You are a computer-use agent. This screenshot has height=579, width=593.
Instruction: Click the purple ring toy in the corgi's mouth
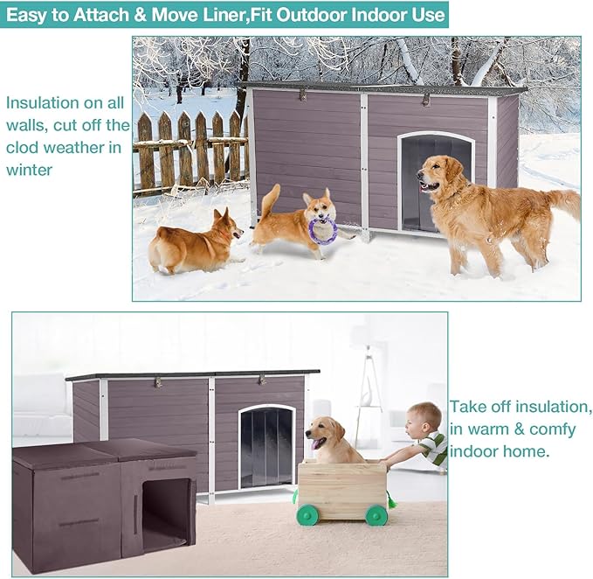tap(322, 230)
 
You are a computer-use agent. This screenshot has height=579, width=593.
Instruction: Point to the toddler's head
tap(422, 420)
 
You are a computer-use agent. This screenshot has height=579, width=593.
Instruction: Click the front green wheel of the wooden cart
tap(307, 514)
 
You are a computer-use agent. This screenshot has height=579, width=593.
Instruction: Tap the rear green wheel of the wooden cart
tap(376, 514)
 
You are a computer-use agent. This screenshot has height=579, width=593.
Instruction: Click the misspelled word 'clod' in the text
tap(23, 147)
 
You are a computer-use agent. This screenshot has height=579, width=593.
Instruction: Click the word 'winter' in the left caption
tap(29, 170)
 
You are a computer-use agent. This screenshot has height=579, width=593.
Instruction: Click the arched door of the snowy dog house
tap(436, 182)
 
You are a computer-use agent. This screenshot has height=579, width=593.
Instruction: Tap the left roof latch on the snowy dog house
tap(302, 94)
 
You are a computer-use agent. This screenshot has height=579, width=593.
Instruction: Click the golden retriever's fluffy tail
tap(564, 204)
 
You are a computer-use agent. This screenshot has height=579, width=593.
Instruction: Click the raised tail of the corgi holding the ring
tap(271, 199)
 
